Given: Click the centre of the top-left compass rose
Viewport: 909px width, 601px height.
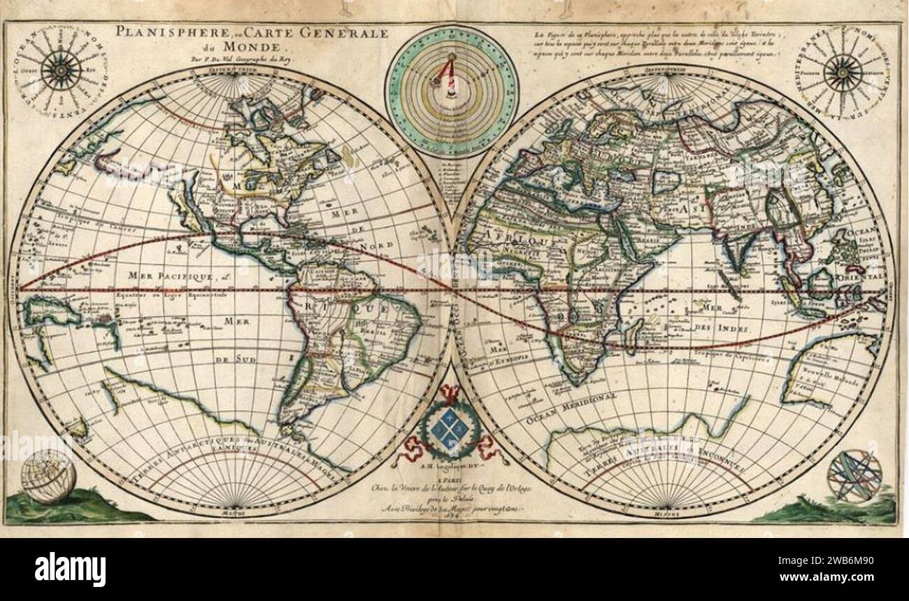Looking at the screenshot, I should [62, 70].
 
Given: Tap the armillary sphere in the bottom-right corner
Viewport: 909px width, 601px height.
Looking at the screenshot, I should [854, 477].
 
